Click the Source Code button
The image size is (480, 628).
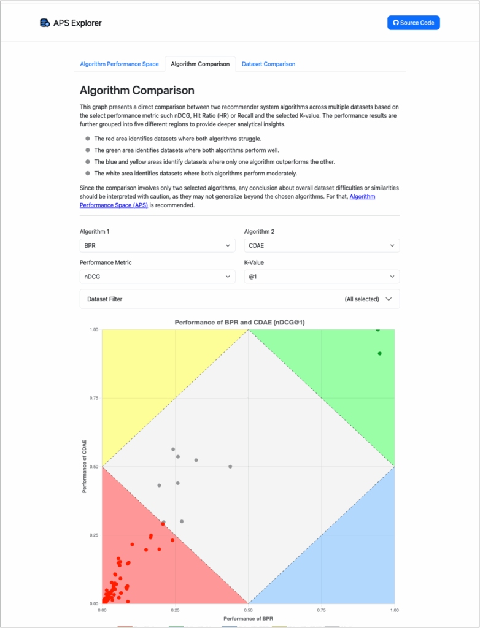click(413, 23)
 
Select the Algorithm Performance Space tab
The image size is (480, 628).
click(119, 64)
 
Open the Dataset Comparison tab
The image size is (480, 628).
click(268, 64)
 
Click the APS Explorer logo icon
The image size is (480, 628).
click(44, 23)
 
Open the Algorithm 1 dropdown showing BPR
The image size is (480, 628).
click(157, 245)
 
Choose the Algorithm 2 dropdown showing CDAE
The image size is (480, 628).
click(322, 245)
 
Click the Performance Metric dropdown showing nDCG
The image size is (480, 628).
click(157, 277)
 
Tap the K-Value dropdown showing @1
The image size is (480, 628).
click(322, 277)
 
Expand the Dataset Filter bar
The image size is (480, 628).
click(239, 299)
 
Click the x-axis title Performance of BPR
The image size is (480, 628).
click(248, 619)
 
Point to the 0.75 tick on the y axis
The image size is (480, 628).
click(93, 398)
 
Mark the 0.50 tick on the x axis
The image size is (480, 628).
click(248, 610)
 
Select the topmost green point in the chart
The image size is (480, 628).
click(377, 329)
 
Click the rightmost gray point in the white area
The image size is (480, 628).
click(230, 467)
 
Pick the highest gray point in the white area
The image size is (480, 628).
click(173, 450)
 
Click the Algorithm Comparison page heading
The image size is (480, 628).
click(137, 90)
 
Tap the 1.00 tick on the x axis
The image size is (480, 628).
click(394, 610)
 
